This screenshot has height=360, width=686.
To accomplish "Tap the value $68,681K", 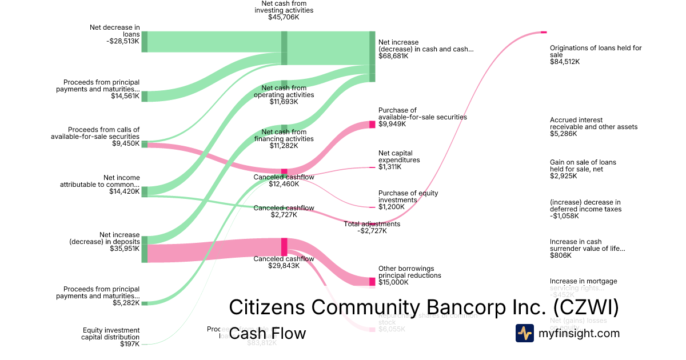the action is [393, 56].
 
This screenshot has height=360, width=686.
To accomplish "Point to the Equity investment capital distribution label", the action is [111, 334].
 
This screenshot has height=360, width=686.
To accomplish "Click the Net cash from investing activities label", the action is [284, 7].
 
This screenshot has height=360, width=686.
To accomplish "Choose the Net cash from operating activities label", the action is [284, 91].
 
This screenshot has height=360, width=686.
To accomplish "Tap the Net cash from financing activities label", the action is [284, 135].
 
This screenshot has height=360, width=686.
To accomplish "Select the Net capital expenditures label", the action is [399, 157].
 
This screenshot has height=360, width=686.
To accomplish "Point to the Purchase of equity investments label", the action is [408, 197].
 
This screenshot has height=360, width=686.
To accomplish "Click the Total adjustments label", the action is [372, 224].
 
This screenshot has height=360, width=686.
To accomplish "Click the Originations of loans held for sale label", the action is [595, 51].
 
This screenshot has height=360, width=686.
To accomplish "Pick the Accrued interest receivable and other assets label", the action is [593, 123].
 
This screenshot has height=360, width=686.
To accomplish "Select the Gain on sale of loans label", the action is [583, 166].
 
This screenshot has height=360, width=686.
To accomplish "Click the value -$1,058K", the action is [564, 216].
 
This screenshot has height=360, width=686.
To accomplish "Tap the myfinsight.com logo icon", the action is [524, 333].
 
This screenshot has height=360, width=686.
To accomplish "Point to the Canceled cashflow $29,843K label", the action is [284, 259].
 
